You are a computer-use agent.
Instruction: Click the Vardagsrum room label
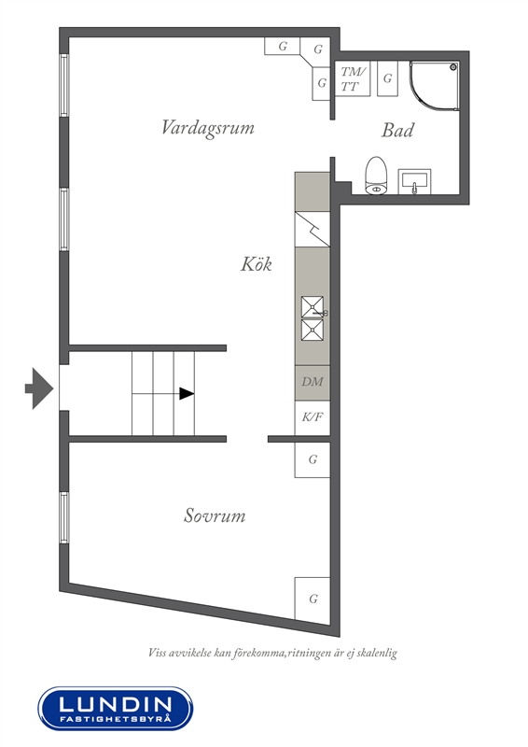(208, 128)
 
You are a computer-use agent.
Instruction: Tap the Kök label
(257, 263)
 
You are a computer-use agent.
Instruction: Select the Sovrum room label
(215, 515)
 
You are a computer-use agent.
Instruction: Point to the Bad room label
(397, 130)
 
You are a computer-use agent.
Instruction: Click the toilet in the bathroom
(377, 176)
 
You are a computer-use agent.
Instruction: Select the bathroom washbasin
(415, 181)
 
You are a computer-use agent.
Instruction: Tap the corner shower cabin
(434, 86)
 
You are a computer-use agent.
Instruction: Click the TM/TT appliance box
(353, 78)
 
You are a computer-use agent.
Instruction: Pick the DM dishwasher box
(313, 383)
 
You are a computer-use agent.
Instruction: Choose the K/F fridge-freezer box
(313, 417)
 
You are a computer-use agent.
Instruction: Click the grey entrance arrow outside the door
(39, 388)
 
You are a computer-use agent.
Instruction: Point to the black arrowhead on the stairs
(187, 393)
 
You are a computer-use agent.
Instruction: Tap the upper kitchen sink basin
(312, 306)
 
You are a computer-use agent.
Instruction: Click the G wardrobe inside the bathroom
(387, 78)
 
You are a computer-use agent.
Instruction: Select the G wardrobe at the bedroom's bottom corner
(313, 599)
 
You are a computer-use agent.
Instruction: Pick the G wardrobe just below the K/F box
(313, 459)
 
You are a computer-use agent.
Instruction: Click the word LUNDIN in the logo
(116, 704)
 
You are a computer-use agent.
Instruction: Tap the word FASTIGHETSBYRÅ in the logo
(116, 718)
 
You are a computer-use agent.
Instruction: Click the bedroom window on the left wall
(64, 517)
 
